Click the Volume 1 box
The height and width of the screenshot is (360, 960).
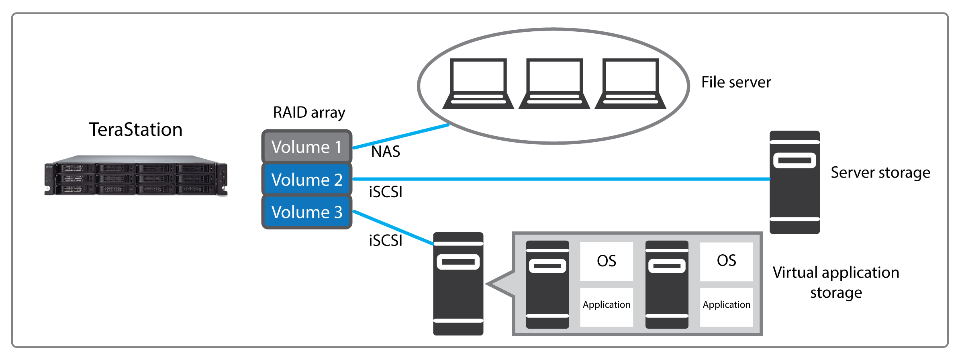(306, 147)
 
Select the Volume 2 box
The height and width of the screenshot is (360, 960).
(306, 179)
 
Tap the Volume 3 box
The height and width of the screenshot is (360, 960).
(306, 212)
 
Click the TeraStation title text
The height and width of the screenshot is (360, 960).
(135, 129)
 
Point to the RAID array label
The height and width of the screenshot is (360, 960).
(309, 112)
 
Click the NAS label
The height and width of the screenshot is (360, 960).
(386, 151)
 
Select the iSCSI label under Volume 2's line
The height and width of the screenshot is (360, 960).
(386, 192)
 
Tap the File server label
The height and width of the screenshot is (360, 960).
(736, 82)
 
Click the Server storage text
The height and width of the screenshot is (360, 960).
(880, 172)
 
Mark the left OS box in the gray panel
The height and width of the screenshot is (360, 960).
(607, 261)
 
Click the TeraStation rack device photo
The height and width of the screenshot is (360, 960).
(136, 176)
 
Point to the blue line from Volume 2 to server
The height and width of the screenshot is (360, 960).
(562, 179)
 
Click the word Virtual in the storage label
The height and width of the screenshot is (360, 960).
(795, 272)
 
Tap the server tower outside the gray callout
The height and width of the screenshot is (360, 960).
(458, 284)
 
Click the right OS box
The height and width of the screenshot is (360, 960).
(726, 261)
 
